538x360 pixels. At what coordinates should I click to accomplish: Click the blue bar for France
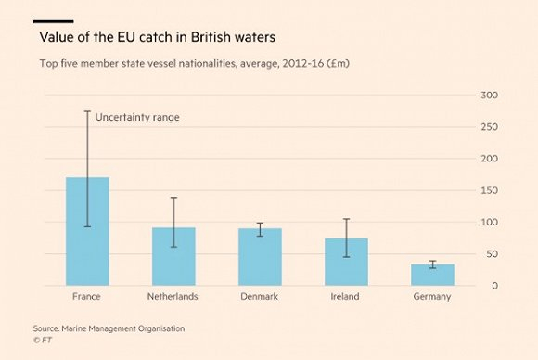tap(87, 232)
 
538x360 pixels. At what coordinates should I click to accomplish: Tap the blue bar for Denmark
tap(260, 257)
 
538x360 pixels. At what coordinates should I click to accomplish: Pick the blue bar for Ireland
tap(346, 262)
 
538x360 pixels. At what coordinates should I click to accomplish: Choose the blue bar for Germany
tap(432, 275)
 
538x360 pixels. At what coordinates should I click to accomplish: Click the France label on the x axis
tap(86, 297)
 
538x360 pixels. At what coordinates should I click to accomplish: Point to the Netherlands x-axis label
tap(173, 297)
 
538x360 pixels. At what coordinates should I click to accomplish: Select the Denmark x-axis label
tap(260, 297)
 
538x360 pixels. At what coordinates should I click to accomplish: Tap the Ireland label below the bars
tap(346, 297)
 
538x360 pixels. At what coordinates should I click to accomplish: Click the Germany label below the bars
tap(432, 297)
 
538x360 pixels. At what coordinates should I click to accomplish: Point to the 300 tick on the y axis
tap(488, 96)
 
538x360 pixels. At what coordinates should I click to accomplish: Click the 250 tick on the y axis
tap(488, 127)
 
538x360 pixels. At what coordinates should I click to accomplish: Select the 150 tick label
tap(488, 191)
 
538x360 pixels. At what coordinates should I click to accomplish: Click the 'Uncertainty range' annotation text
tap(137, 118)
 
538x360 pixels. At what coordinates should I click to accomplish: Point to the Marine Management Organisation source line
tap(110, 328)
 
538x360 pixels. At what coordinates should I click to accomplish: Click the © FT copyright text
tap(44, 341)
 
